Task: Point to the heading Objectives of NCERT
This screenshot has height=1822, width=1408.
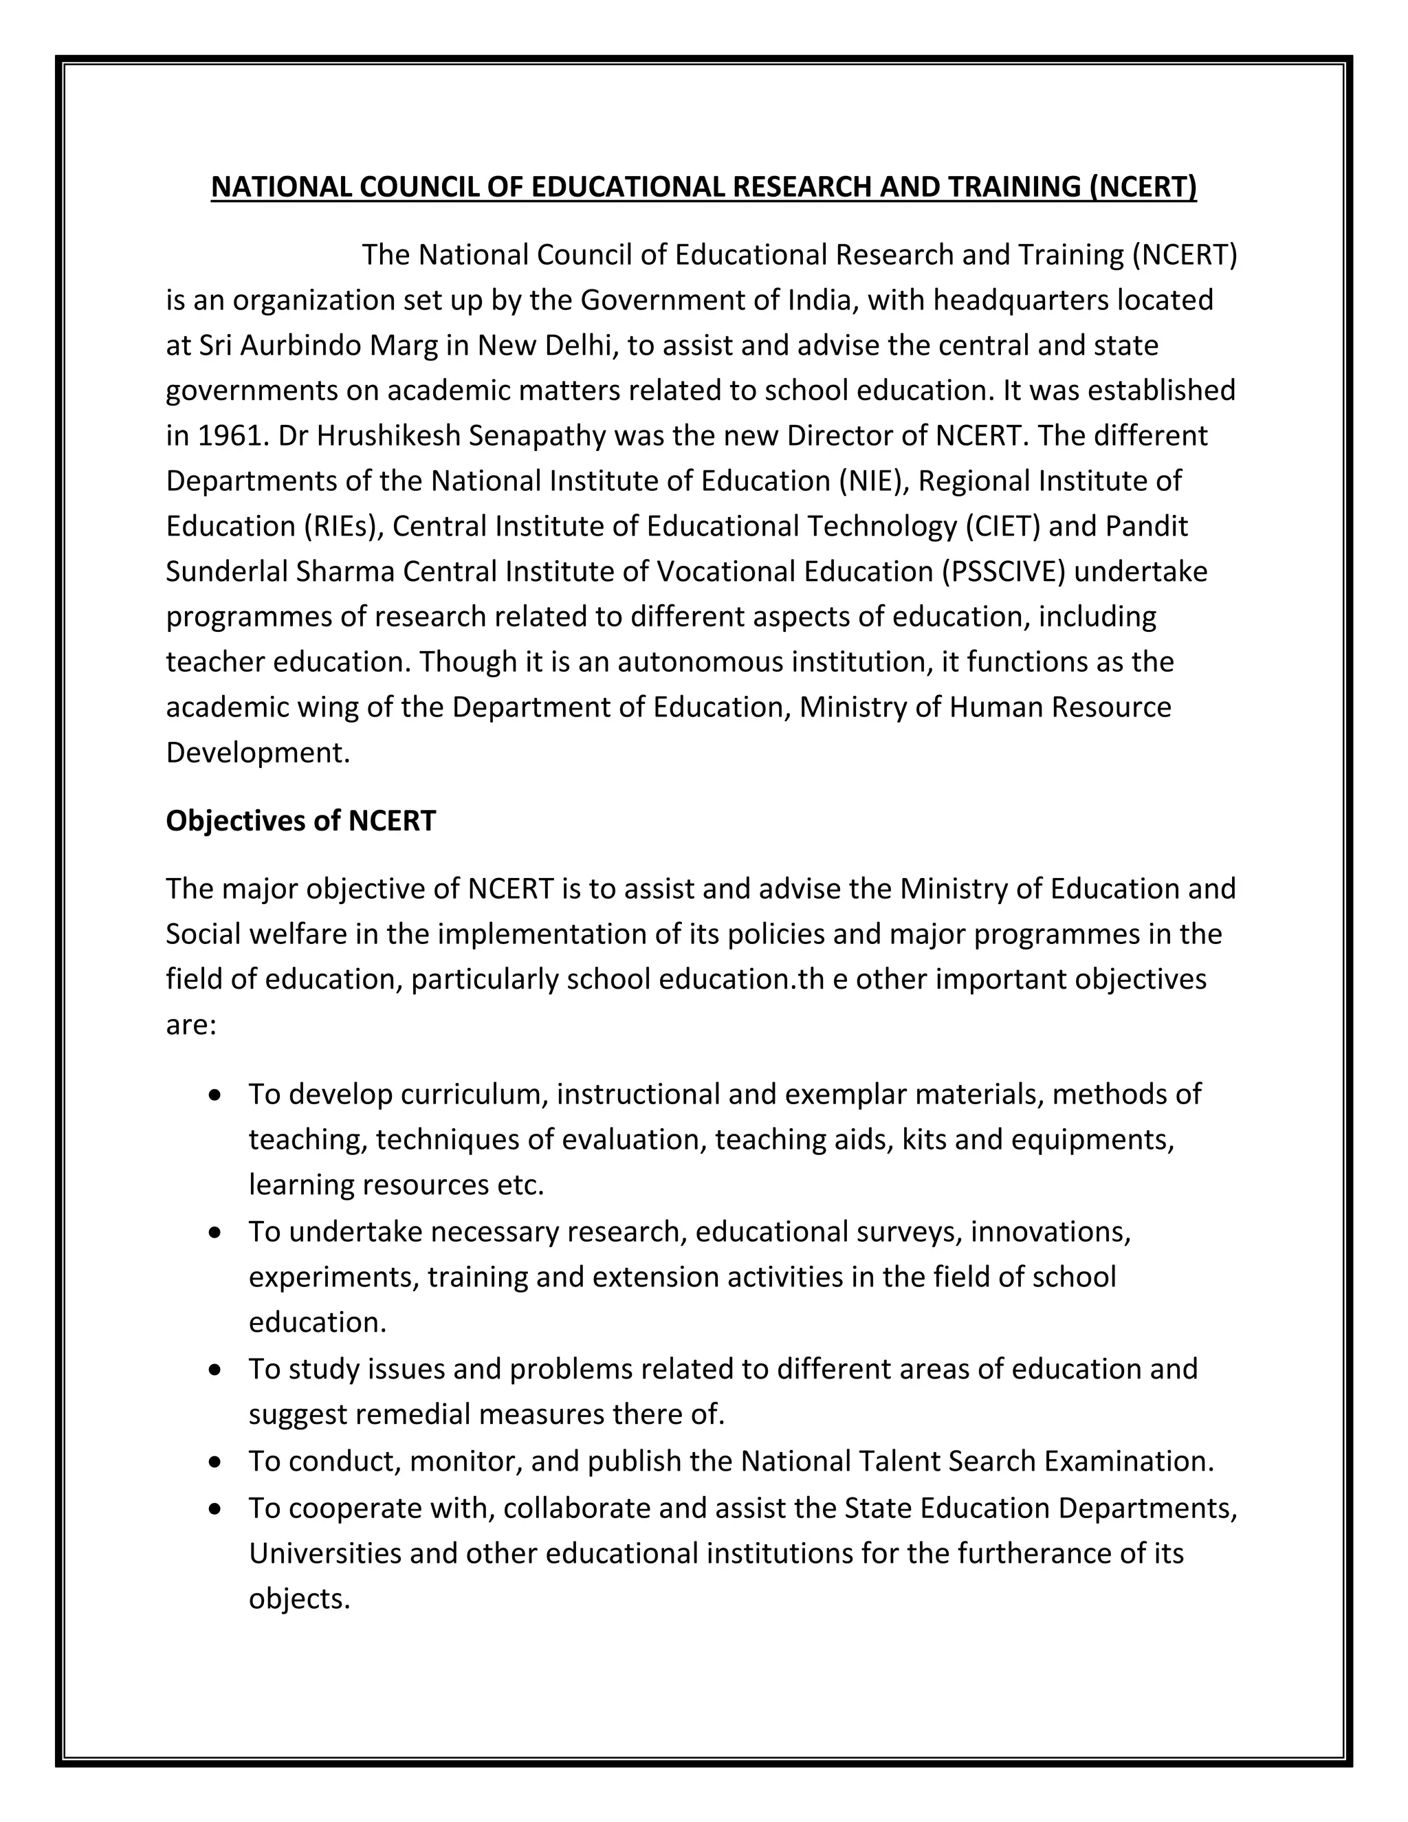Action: pyautogui.click(x=300, y=821)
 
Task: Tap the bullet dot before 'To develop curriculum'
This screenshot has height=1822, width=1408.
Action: pyautogui.click(x=216, y=1095)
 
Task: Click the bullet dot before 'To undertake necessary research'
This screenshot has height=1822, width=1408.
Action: pyautogui.click(x=216, y=1232)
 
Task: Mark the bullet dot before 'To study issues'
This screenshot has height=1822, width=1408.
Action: pyautogui.click(x=216, y=1370)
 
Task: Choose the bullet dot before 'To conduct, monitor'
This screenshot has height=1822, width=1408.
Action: pyautogui.click(x=216, y=1462)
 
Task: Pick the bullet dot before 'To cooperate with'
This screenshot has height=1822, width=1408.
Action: pyautogui.click(x=216, y=1508)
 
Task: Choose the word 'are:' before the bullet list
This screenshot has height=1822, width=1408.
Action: pyautogui.click(x=191, y=1024)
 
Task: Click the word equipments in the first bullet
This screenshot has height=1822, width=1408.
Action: pyautogui.click(x=1092, y=1139)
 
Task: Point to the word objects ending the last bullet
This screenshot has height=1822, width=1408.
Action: pyautogui.click(x=298, y=1599)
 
